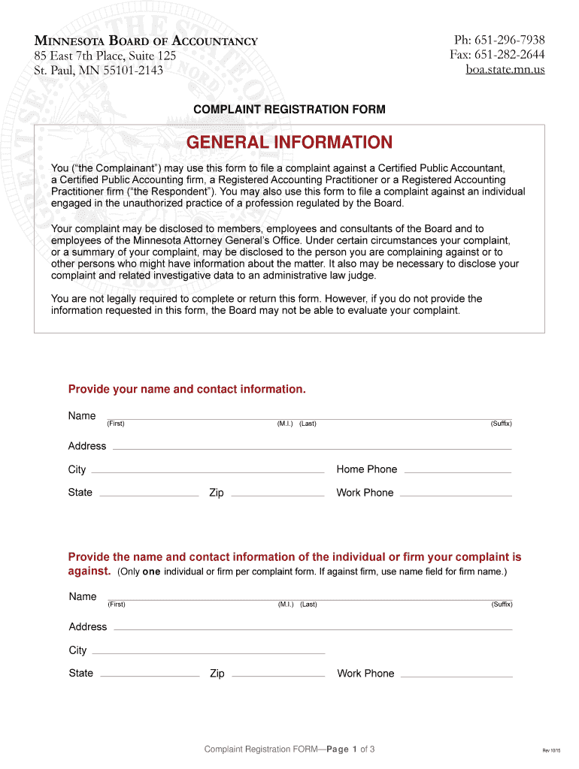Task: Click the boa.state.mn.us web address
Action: point(505,70)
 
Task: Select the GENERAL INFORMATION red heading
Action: point(289,143)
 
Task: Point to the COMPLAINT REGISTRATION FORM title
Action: point(289,110)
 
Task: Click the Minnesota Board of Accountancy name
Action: point(146,41)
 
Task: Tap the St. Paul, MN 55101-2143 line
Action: point(99,71)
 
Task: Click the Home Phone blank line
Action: point(457,471)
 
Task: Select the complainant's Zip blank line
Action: point(277,494)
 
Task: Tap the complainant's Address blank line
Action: point(311,448)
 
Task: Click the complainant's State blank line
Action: point(149,494)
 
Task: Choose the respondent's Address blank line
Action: point(312,629)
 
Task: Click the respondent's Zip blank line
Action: point(277,675)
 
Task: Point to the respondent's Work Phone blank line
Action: point(456,675)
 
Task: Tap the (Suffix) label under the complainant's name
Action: point(501,424)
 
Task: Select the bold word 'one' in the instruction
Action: point(152,572)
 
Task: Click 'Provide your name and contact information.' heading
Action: point(187,389)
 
